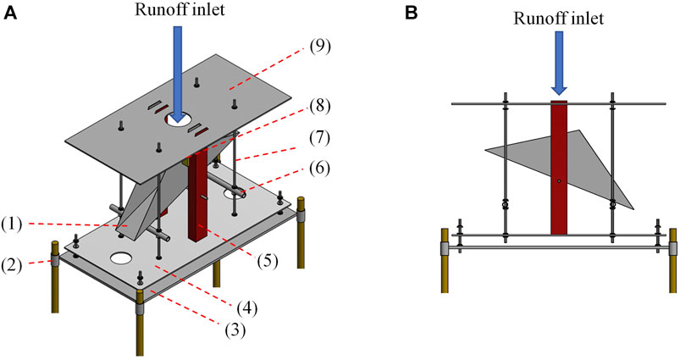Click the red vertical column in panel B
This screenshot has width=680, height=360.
(558, 169)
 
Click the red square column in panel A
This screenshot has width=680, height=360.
(197, 195)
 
